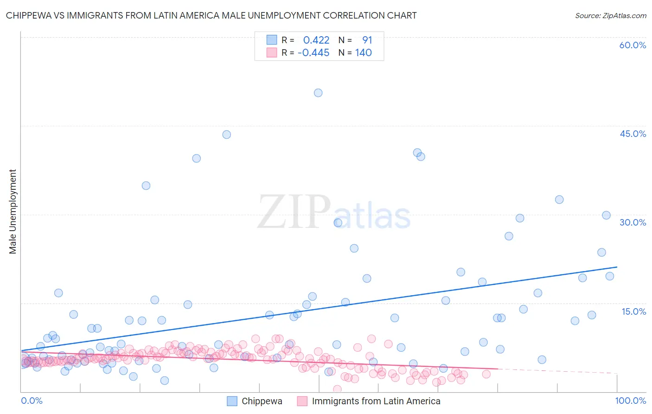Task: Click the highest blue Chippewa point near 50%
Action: (x=318, y=93)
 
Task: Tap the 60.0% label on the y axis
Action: (x=633, y=45)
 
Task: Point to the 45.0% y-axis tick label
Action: (x=633, y=134)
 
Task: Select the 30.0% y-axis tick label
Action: (x=633, y=222)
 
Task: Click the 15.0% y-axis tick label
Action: (x=633, y=311)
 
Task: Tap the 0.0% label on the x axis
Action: (x=32, y=401)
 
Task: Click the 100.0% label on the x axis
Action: (x=630, y=401)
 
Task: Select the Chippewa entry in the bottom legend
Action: (x=262, y=401)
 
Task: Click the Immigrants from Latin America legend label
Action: (x=376, y=401)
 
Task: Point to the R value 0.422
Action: (x=316, y=40)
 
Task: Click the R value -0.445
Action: (x=313, y=52)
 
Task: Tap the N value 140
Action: (x=363, y=52)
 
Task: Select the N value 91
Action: (x=367, y=40)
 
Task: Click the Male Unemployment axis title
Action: (x=13, y=212)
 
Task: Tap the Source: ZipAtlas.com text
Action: (x=610, y=15)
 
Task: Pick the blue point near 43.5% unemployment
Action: (x=226, y=135)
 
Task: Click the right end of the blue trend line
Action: (x=617, y=267)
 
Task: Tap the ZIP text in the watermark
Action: (x=294, y=212)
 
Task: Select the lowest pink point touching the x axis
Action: (x=337, y=389)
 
